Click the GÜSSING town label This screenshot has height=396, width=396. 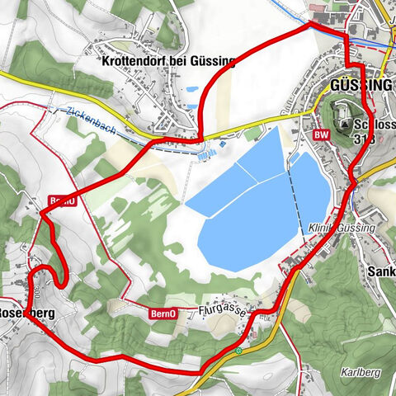pos(361,86)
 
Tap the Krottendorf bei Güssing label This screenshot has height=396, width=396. pos(167,60)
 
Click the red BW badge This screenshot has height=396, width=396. pos(322,133)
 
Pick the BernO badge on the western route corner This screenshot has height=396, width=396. pos(63,200)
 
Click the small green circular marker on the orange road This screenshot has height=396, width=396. pos(238,351)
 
